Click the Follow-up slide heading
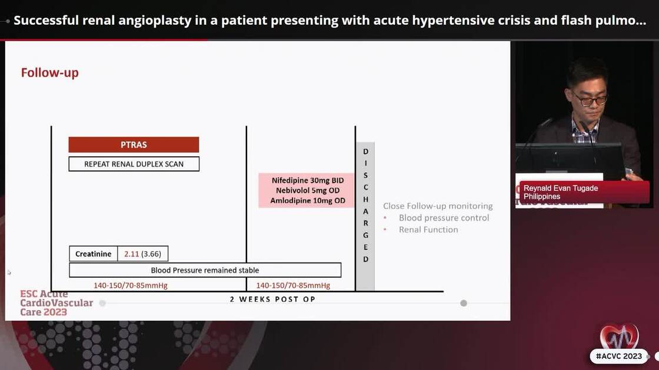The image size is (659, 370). click(50, 73)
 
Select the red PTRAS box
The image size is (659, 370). click(134, 144)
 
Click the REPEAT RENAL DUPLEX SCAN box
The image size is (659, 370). click(134, 164)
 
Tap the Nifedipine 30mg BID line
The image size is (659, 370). click(308, 180)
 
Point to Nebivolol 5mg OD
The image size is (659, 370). click(308, 190)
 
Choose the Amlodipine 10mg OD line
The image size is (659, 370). click(308, 201)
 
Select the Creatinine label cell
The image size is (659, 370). click(93, 254)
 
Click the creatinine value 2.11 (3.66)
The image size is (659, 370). click(143, 254)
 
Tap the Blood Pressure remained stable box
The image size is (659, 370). click(205, 270)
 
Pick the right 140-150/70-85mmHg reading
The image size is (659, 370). click(293, 286)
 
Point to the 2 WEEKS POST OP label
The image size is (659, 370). click(272, 300)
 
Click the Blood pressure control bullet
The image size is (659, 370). click(444, 218)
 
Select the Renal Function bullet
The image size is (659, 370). click(428, 230)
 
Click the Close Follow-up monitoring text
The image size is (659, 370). click(438, 206)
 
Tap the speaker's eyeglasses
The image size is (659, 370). click(590, 100)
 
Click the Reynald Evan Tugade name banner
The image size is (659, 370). click(583, 192)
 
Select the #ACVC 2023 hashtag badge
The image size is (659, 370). click(618, 356)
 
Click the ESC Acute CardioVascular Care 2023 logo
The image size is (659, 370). click(56, 303)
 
